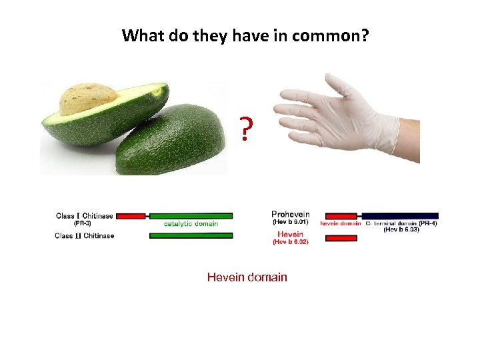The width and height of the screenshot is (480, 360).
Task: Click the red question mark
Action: pyautogui.click(x=247, y=130)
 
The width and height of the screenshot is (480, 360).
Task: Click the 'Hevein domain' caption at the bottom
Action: pyautogui.click(x=247, y=277)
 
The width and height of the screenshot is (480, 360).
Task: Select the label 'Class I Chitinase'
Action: pyautogui.click(x=84, y=216)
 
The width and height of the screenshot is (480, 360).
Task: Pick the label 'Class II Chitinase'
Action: pyautogui.click(x=84, y=235)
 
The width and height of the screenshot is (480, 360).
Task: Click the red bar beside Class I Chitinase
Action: pyautogui.click(x=133, y=216)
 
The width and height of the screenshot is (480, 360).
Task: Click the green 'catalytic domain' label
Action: pyautogui.click(x=191, y=224)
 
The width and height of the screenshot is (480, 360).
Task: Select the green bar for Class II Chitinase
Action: pyautogui.click(x=191, y=235)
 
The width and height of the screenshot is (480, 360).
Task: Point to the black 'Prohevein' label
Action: pyautogui.click(x=291, y=215)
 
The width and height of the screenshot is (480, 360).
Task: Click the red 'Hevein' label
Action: pyautogui.click(x=291, y=234)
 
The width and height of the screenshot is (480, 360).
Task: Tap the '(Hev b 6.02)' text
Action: pyautogui.click(x=291, y=242)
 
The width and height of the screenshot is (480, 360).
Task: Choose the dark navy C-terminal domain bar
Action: pyautogui.click(x=400, y=215)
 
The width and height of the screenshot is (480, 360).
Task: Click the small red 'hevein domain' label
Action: pyautogui.click(x=341, y=224)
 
